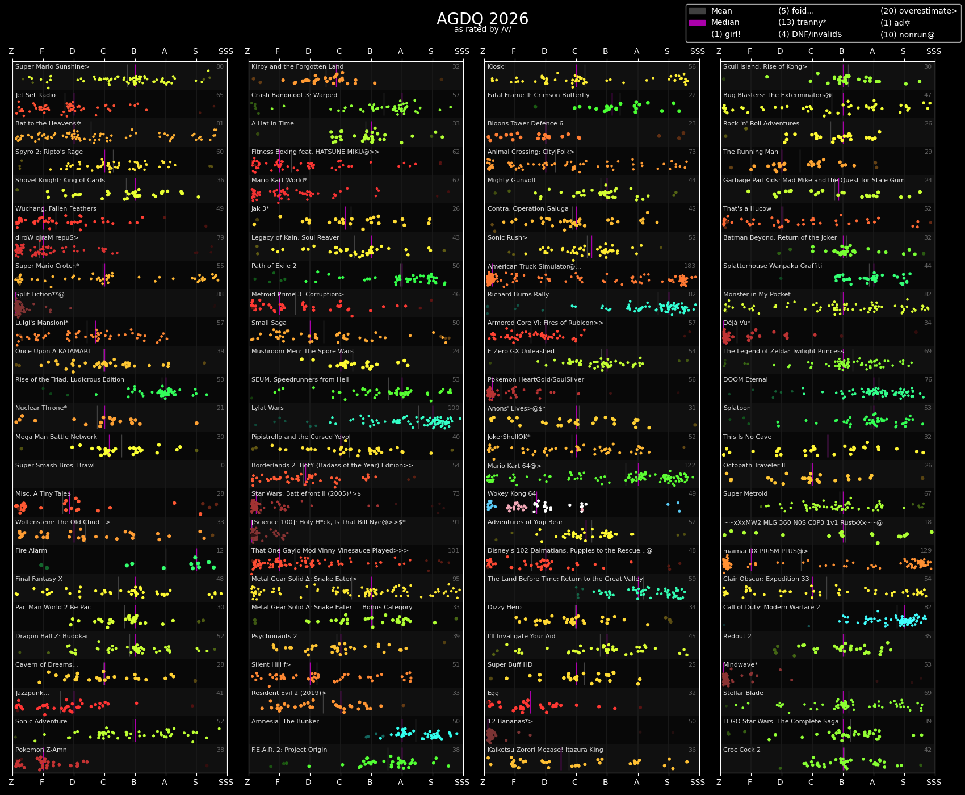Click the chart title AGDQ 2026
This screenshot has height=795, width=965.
pos(482,19)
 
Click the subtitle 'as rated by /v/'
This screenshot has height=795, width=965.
pos(482,30)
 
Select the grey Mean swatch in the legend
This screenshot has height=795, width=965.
pos(697,11)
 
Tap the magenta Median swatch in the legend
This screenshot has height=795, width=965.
pos(697,23)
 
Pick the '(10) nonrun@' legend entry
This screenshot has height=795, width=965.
pos(907,35)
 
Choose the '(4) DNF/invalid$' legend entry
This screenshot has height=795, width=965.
pos(809,35)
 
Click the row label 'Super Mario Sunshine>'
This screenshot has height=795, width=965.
pos(52,67)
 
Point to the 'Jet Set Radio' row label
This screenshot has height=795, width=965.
pos(35,95)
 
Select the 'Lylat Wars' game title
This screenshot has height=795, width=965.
pos(267,408)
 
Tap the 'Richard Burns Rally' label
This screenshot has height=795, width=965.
pos(519,295)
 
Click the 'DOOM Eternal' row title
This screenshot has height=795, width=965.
pos(745,380)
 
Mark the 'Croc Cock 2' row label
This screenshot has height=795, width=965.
pos(742,750)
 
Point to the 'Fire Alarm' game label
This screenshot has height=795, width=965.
pos(31,551)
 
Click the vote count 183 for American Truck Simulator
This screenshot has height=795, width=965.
pos(690,266)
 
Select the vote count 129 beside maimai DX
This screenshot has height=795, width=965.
pos(926,551)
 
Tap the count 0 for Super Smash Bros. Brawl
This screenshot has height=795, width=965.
pos(223,466)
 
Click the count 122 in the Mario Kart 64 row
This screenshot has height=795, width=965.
pos(690,466)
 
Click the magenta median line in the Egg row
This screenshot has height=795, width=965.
pos(530,702)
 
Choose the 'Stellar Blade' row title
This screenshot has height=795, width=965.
pos(743,693)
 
